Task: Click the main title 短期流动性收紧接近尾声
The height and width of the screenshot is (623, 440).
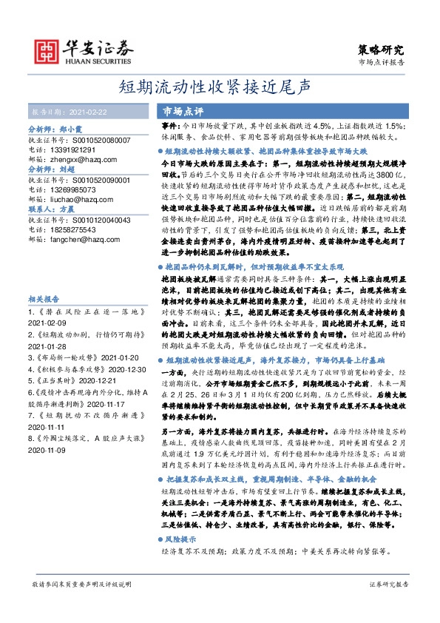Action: pyautogui.click(x=220, y=87)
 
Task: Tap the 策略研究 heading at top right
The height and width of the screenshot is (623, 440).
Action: pyautogui.click(x=381, y=50)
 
